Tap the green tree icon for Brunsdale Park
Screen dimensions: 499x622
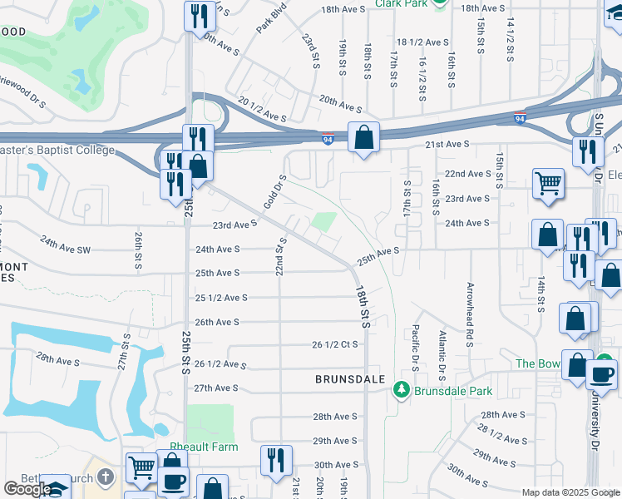(x=402, y=389)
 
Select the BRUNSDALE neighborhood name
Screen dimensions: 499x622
(x=349, y=378)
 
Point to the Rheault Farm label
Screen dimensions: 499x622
(x=204, y=447)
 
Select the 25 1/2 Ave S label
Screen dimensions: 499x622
(x=222, y=297)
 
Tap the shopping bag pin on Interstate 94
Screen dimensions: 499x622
(x=363, y=136)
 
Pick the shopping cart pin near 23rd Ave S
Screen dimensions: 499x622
(x=548, y=183)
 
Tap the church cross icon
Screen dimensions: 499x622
(x=105, y=477)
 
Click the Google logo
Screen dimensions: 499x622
(x=27, y=489)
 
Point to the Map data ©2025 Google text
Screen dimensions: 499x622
(x=570, y=492)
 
